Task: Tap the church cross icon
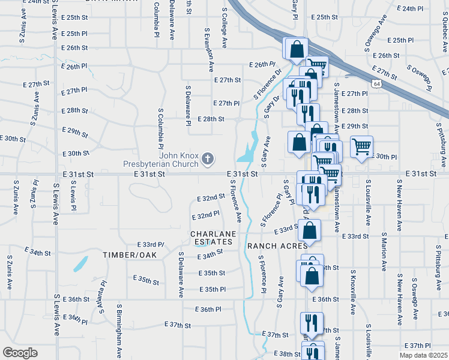(208, 159)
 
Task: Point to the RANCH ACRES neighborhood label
(277, 246)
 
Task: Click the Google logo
(20, 352)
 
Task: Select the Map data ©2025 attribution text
(423, 355)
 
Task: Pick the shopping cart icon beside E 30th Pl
(361, 146)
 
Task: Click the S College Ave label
(224, 28)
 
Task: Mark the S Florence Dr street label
(268, 84)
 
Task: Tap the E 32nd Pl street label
(205, 215)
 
